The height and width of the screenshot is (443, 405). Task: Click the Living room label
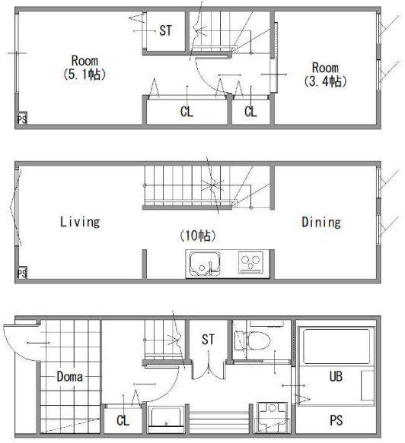tap(80, 222)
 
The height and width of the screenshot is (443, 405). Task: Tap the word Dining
tap(321, 222)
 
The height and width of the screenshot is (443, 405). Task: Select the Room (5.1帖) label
tap(85, 68)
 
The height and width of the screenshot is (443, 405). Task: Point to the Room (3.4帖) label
tap(326, 74)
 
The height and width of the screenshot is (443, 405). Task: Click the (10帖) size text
tap(198, 236)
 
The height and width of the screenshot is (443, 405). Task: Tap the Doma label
tap(69, 377)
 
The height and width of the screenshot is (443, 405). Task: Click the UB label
tap(336, 376)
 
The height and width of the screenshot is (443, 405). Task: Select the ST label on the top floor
tap(165, 30)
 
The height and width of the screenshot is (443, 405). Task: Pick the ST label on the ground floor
tap(208, 340)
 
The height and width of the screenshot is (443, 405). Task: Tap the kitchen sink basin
tap(205, 263)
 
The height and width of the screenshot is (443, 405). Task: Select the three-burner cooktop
tap(250, 262)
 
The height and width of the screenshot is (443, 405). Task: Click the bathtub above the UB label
tap(336, 346)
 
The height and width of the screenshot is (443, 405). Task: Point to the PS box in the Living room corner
tap(22, 274)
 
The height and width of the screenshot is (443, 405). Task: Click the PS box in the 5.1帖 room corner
tap(22, 119)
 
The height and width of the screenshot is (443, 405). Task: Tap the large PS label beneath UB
tap(336, 420)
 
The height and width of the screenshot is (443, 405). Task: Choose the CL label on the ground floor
tap(123, 420)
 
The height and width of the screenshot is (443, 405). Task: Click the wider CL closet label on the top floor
tap(187, 111)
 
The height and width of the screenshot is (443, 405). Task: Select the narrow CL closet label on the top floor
tap(250, 111)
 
